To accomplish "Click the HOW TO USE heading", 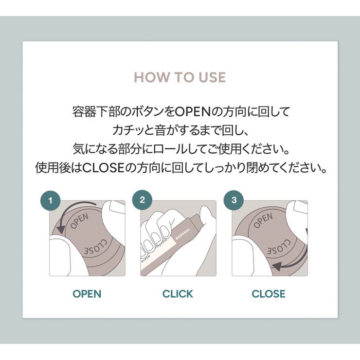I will point(180,78).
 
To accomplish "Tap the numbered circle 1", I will point(51,200).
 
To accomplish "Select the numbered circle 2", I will point(142,200).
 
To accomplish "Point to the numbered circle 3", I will point(234,200).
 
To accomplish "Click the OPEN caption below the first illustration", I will point(87,294).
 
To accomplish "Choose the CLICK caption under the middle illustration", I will point(178,294).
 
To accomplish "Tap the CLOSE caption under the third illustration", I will point(269,294).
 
